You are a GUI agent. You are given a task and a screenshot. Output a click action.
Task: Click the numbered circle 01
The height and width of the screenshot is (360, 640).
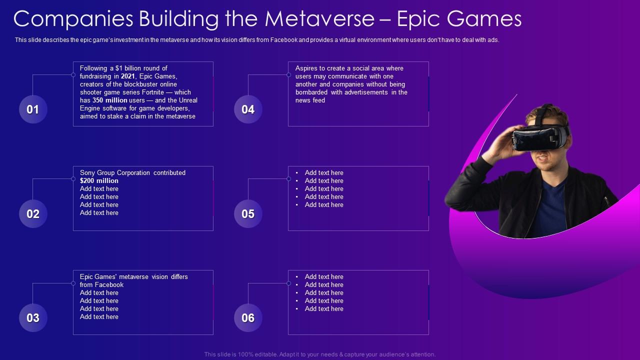coord(33,109)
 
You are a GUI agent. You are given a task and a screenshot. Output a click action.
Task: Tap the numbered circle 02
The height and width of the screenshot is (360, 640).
coord(33,214)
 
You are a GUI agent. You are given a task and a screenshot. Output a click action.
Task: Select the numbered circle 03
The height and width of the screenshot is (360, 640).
coord(33,318)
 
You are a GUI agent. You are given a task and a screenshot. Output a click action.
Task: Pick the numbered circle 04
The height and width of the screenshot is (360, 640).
coord(248,109)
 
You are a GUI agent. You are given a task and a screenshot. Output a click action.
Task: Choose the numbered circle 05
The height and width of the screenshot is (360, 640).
coord(248,214)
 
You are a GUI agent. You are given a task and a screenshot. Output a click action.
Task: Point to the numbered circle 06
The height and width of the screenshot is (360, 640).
coord(248,318)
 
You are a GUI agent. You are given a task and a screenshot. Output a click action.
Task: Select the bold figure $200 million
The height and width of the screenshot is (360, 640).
coord(99,181)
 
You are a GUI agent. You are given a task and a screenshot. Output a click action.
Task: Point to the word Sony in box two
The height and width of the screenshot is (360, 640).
coord(87,173)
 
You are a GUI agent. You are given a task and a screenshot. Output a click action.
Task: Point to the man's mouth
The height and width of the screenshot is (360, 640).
coord(541,159)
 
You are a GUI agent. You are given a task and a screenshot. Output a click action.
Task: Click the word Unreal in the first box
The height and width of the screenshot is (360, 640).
coord(187,100)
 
